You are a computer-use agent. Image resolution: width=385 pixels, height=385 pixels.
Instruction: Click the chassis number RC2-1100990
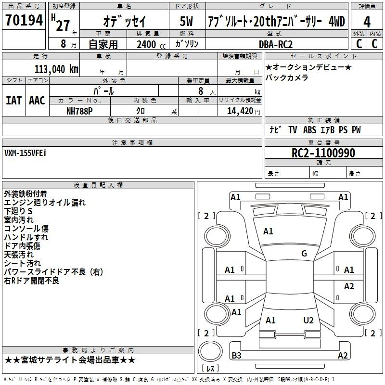click(x=323, y=153)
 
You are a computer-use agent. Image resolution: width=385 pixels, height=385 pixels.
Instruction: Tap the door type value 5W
click(x=187, y=22)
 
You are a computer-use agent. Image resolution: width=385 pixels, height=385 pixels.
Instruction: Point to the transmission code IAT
click(x=14, y=101)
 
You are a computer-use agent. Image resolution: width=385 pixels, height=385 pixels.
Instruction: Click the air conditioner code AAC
click(x=37, y=101)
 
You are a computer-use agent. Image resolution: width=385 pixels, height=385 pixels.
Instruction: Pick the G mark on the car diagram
click(x=304, y=254)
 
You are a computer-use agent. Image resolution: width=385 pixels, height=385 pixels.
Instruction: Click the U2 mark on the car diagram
click(x=308, y=321)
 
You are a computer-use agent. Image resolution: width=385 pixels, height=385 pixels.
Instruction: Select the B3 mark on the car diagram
click(x=236, y=356)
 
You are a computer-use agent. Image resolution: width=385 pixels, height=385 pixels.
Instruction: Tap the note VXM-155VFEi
click(x=26, y=153)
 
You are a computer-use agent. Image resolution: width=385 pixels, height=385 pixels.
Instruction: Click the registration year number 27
click(x=63, y=25)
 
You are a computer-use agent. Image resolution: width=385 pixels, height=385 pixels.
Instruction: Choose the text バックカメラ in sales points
click(x=287, y=77)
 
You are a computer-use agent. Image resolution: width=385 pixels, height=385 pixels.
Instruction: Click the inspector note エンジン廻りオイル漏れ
click(x=45, y=203)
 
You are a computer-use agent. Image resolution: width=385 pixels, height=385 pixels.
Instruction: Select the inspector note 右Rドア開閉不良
click(x=31, y=281)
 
